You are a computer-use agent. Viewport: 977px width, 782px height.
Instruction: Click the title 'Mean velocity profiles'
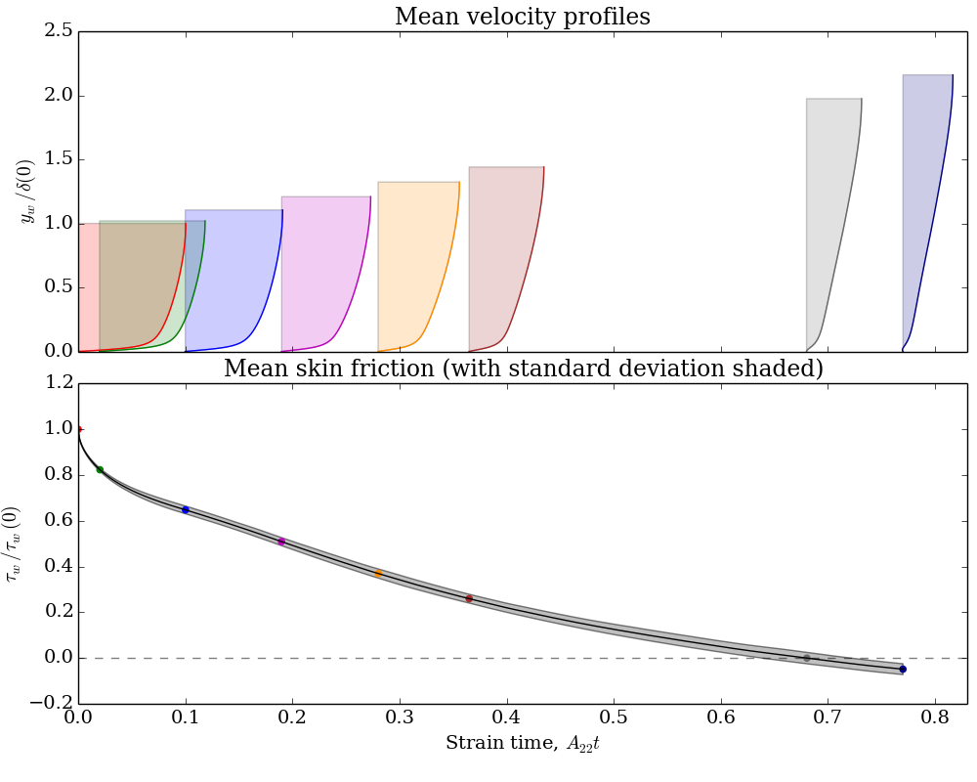[522, 17]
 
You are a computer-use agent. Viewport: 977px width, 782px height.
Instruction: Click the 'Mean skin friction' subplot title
[523, 369]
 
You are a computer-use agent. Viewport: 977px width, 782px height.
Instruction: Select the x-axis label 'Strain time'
[530, 744]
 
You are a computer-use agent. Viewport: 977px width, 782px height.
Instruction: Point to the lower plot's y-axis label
[14, 543]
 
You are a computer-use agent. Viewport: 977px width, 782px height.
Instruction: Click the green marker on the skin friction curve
[100, 469]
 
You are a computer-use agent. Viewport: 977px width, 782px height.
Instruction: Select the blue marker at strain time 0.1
[186, 509]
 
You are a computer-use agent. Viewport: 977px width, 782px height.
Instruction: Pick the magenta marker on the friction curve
[281, 542]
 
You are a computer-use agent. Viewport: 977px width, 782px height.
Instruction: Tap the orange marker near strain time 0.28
[378, 573]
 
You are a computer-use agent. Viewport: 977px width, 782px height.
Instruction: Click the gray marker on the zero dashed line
[806, 658]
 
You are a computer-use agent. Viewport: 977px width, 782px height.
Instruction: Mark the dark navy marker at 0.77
[903, 670]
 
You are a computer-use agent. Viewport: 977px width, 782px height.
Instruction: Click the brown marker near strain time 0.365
[469, 598]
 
